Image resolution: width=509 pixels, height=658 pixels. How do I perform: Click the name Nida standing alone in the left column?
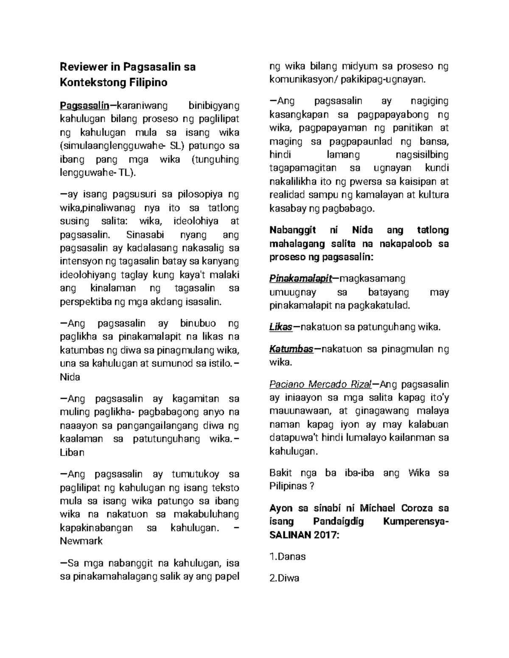70,377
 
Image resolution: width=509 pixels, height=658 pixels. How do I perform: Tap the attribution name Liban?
72,452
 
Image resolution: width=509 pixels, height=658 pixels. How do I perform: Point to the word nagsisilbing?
421,155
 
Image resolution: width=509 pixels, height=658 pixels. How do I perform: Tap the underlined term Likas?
280,327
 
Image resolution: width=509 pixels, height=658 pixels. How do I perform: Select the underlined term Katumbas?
291,349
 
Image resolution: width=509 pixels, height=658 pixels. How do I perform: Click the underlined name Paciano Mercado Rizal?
320,384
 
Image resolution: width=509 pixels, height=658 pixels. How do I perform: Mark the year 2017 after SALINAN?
325,535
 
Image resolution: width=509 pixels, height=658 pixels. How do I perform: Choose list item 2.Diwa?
284,578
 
